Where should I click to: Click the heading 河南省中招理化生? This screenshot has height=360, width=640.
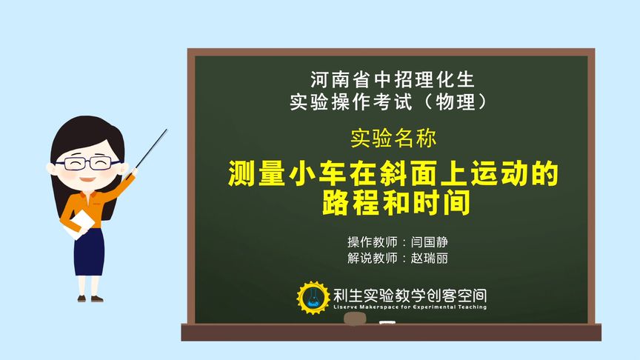coord(392,78)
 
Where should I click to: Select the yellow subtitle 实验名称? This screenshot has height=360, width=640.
coord(393,138)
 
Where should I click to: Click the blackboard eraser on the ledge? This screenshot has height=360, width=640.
coord(354,319)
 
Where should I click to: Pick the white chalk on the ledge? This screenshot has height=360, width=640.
coord(387,323)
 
